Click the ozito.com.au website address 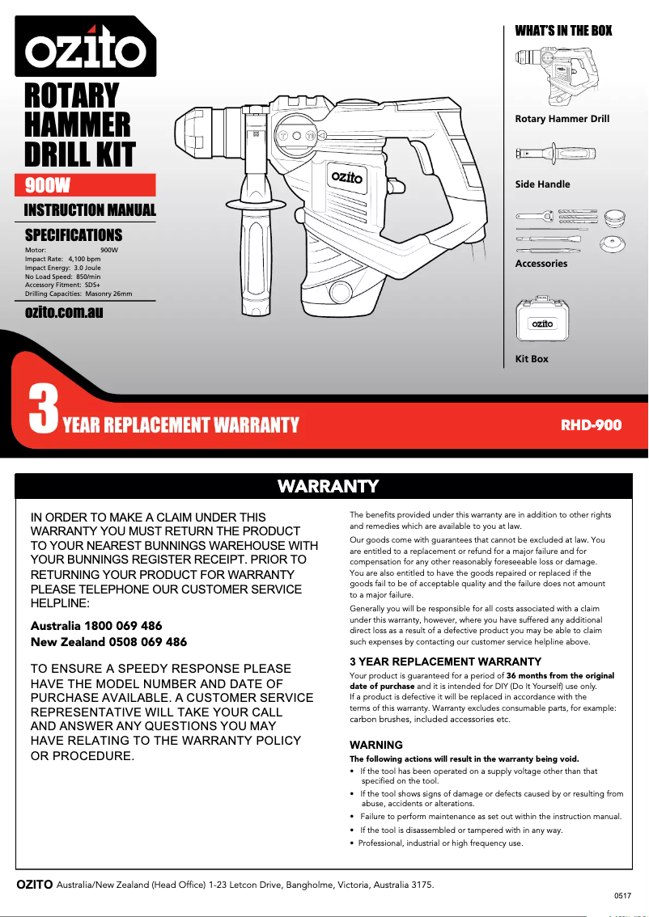[x=64, y=311]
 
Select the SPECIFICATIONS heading [x=74, y=235]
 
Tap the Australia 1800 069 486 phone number [x=96, y=626]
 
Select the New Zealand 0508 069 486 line [x=108, y=642]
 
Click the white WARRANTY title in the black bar [x=328, y=486]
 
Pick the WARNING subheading [x=375, y=745]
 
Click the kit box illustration [x=542, y=322]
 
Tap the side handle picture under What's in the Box [x=556, y=154]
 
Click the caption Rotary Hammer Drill [x=562, y=119]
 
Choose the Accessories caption [x=541, y=264]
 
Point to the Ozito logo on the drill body [x=346, y=177]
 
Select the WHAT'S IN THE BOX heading [x=563, y=31]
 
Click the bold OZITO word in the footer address [x=35, y=885]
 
